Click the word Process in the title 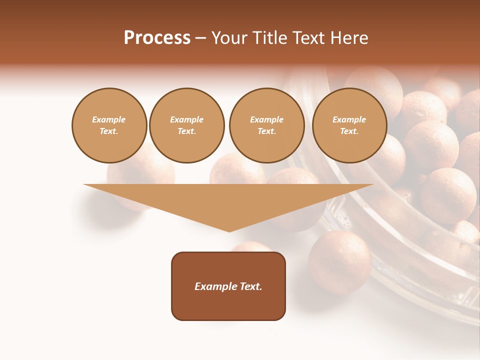tap(157, 38)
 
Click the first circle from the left tap(109, 125)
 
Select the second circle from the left tap(187, 125)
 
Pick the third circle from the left tap(267, 125)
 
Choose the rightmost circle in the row tap(349, 125)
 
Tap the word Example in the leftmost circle tap(109, 119)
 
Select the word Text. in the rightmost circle tap(349, 131)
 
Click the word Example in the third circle tap(267, 119)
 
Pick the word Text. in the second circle tap(187, 131)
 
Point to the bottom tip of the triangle tap(229, 230)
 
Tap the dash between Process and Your tap(201, 38)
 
